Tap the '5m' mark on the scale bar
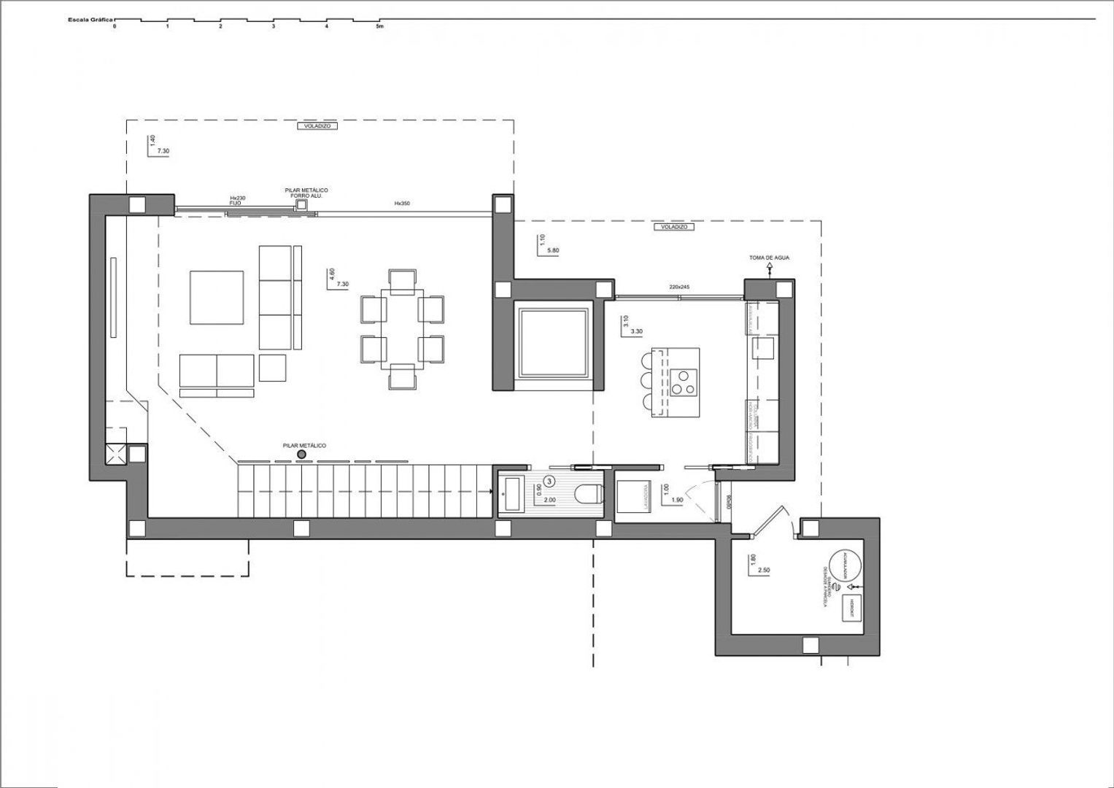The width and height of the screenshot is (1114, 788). (379, 26)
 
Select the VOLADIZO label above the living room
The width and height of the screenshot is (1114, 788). (315, 126)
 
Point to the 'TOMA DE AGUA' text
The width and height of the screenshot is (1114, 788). (769, 258)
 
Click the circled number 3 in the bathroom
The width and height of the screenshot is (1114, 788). (549, 481)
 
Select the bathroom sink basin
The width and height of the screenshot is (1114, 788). (510, 495)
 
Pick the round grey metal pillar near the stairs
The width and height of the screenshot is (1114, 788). (301, 455)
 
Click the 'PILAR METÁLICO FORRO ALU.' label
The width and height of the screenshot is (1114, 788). (306, 193)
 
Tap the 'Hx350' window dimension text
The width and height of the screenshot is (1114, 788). (402, 204)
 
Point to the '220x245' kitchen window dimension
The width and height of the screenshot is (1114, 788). (679, 287)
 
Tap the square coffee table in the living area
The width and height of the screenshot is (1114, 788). (217, 297)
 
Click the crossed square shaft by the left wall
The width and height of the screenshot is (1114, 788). (115, 455)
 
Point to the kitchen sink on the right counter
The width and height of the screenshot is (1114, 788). (763, 347)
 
